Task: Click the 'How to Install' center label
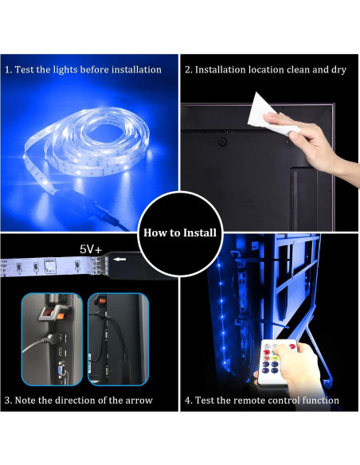point(180,233)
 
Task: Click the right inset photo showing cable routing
point(117,338)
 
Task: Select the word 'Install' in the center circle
point(198,233)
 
